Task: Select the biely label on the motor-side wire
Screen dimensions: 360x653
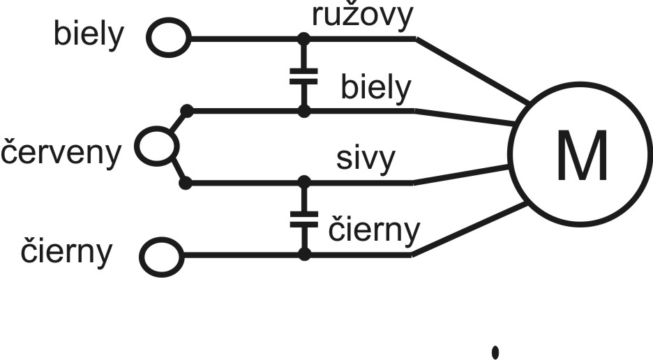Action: click(x=376, y=89)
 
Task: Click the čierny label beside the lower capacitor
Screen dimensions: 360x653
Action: click(x=375, y=230)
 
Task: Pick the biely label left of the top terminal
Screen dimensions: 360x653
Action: click(x=87, y=36)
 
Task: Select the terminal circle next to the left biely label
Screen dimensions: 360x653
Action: click(x=167, y=38)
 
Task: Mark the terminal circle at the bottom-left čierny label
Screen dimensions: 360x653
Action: click(x=160, y=256)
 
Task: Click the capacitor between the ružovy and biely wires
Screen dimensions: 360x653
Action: click(x=303, y=75)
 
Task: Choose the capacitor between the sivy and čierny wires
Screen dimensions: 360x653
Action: click(x=303, y=219)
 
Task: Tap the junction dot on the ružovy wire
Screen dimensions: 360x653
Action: click(x=303, y=38)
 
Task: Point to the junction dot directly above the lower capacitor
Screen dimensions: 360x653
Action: click(x=303, y=183)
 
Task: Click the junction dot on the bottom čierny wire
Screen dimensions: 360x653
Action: click(x=303, y=255)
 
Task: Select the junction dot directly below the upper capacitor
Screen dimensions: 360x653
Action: click(x=303, y=110)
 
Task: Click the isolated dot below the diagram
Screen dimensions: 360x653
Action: click(x=495, y=352)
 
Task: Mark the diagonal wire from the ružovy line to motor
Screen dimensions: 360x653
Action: click(x=471, y=70)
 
